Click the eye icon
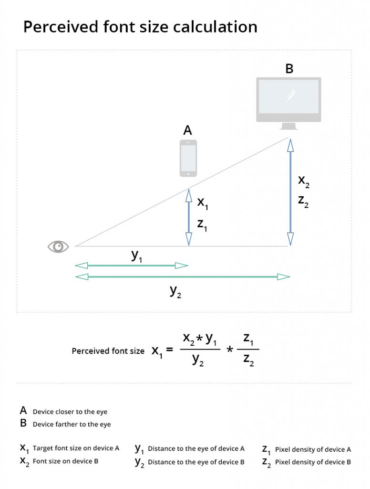(58, 246)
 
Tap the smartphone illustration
(188, 158)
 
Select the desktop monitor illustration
(289, 104)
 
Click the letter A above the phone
(187, 130)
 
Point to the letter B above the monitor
(289, 69)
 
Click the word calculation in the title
(215, 27)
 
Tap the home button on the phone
(188, 174)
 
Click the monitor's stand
(289, 126)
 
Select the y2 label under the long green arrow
(175, 292)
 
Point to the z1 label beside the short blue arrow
(202, 225)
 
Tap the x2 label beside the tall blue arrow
(304, 181)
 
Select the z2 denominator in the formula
(248, 360)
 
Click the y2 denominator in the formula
(198, 360)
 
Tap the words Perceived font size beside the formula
(108, 351)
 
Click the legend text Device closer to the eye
(70, 412)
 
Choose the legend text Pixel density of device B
(313, 462)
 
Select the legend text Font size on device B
(65, 461)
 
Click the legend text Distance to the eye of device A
(196, 448)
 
